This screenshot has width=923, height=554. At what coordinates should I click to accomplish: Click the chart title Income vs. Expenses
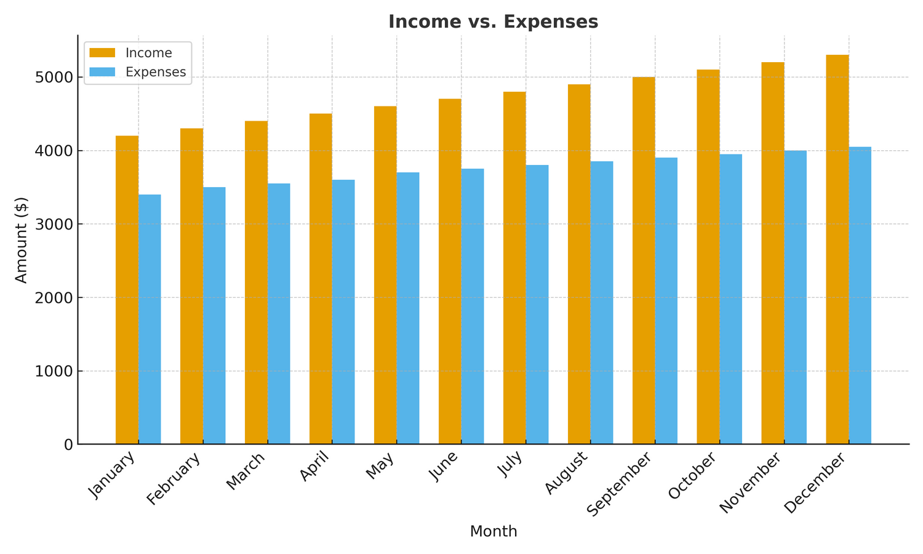[493, 22]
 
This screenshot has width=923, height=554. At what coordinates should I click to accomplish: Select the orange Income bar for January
[127, 289]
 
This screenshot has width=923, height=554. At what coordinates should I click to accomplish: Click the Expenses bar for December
[860, 295]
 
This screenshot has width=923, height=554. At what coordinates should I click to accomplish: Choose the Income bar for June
[450, 271]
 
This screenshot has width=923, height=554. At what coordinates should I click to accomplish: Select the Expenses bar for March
[279, 314]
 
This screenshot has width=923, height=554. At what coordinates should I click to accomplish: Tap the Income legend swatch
[102, 53]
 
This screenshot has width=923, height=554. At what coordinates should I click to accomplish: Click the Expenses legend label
[156, 72]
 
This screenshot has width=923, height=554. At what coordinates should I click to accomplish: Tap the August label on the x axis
[567, 473]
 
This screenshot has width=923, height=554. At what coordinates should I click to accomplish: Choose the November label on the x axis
[751, 482]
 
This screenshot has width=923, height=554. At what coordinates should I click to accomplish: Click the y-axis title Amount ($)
[22, 240]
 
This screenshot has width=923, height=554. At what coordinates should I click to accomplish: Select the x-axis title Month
[493, 531]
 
